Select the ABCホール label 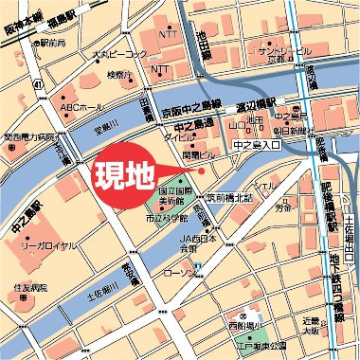pos(81,106)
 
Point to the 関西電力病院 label pos(27,136)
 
